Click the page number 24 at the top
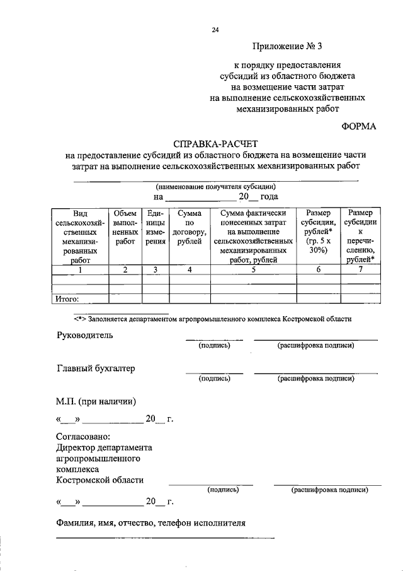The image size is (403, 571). pyautogui.click(x=216, y=29)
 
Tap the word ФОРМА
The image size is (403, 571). pyautogui.click(x=358, y=126)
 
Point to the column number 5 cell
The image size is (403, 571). pyautogui.click(x=253, y=269)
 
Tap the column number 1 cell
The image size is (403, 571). pyautogui.click(x=80, y=269)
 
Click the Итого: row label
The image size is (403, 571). pyautogui.click(x=68, y=299)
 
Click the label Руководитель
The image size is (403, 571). pyautogui.click(x=85, y=335)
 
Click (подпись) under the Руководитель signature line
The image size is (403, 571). pyautogui.click(x=214, y=346)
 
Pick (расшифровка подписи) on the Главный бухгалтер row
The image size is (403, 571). pyautogui.click(x=315, y=379)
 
